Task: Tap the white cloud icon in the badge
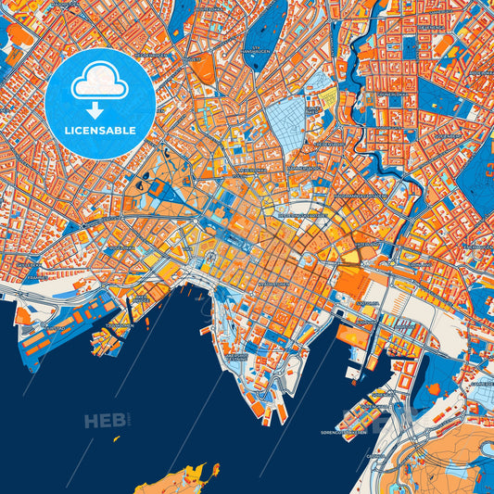(100, 83)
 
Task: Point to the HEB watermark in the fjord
(104, 421)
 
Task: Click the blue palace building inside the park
(156, 188)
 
